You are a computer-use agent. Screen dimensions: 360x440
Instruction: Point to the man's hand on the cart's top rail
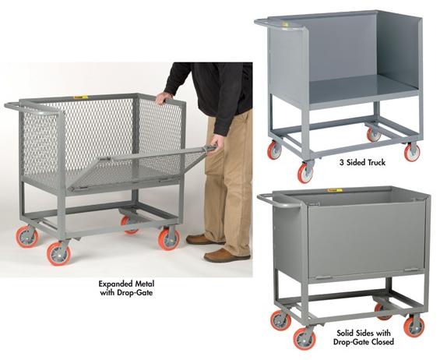[x=163, y=97]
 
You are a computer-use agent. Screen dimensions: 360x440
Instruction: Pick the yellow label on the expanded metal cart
[x=79, y=97]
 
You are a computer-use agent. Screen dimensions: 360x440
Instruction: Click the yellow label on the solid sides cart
[x=334, y=189]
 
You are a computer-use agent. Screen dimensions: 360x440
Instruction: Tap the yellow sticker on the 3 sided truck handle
[x=285, y=24]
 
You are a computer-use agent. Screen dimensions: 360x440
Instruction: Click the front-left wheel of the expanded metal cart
[x=58, y=252]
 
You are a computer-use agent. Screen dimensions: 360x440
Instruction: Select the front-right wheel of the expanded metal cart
[x=168, y=238]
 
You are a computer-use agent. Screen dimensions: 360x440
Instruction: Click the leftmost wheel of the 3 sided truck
[x=274, y=150]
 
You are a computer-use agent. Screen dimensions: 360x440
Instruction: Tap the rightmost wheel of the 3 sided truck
[x=412, y=152]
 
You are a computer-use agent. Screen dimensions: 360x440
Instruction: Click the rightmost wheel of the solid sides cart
[x=414, y=325]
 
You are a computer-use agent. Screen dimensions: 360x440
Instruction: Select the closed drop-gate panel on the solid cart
[x=366, y=238]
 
